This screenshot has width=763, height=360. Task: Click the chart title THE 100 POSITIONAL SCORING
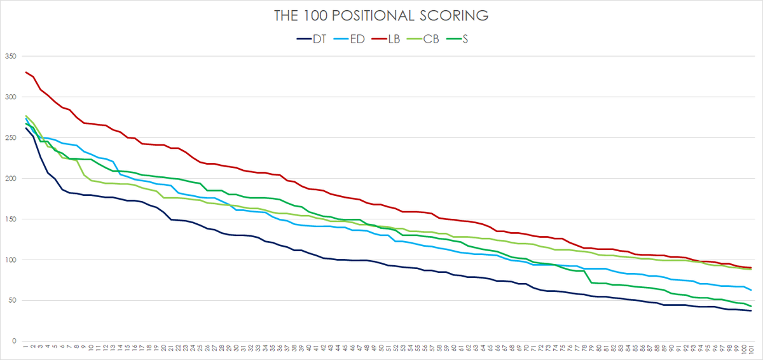(381, 15)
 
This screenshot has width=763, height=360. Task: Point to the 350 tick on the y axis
(10, 57)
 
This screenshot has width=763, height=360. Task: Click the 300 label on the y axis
(10, 97)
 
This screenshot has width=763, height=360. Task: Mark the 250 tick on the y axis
(10, 138)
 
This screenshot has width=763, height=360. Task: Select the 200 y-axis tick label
(10, 179)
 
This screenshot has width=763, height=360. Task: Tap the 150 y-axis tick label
(10, 219)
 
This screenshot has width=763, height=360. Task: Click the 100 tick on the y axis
(10, 260)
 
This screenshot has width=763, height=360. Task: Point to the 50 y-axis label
(12, 301)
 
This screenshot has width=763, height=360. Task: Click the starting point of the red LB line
(26, 73)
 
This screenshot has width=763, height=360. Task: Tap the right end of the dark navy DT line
(751, 310)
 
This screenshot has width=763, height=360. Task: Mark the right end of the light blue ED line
(751, 290)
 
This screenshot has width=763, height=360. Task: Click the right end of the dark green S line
(751, 306)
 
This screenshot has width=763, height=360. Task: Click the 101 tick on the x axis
(751, 350)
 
